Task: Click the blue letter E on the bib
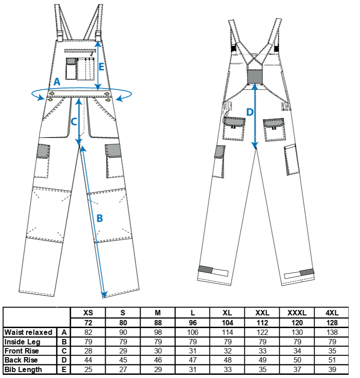point(102,67)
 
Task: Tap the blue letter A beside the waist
point(57,82)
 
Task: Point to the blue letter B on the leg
point(100,218)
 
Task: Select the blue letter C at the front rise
point(74,122)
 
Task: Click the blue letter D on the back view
point(250,112)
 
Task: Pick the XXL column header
point(262,313)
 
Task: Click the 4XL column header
point(332,313)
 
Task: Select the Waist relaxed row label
point(28,332)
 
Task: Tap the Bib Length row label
point(23,369)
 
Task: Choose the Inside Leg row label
point(22,342)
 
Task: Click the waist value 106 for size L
point(193,332)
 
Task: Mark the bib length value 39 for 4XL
point(332,369)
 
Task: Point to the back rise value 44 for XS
point(88,360)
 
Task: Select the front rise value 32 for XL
point(228,351)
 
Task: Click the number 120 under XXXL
point(297,323)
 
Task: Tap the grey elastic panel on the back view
point(255,77)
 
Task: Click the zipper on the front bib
point(80,51)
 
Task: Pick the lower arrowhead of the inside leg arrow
point(104,295)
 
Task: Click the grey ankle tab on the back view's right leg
point(307,272)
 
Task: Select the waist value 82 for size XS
point(88,332)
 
